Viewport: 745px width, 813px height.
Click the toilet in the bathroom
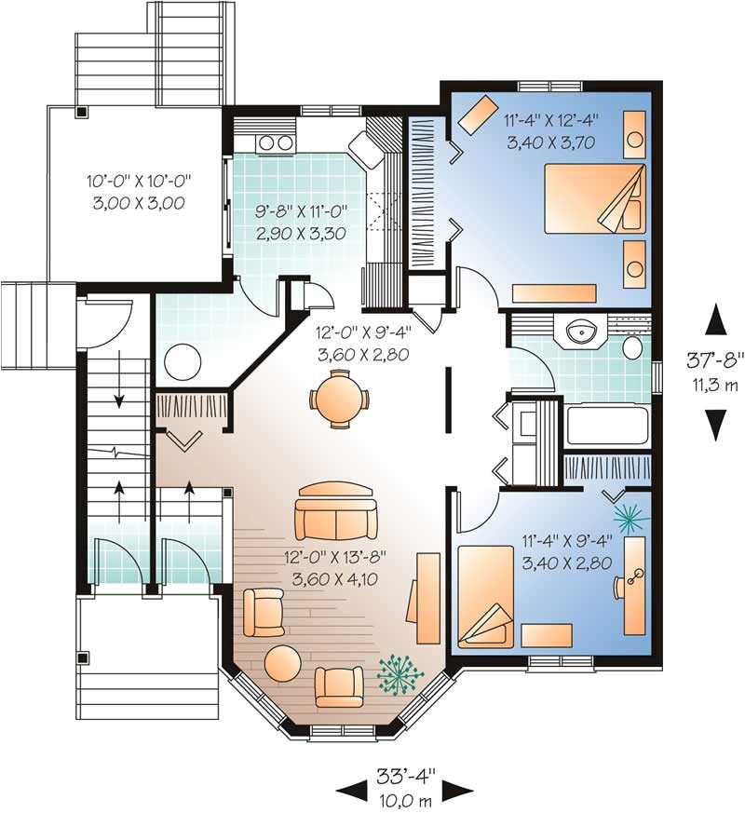pos(633,346)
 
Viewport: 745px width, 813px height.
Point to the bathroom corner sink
pos(579,332)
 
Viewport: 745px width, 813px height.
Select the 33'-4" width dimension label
pos(406,776)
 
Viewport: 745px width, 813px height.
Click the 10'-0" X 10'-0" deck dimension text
pos(139,181)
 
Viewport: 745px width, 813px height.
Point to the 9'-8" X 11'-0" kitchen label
pos(300,211)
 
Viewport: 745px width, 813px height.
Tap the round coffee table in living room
pos(282,663)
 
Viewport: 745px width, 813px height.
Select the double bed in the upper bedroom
pos(595,198)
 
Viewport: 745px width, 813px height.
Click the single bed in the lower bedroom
pos(486,596)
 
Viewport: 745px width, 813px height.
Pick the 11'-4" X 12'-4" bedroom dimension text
pos(551,121)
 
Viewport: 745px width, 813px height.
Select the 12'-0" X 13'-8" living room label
pos(336,558)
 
